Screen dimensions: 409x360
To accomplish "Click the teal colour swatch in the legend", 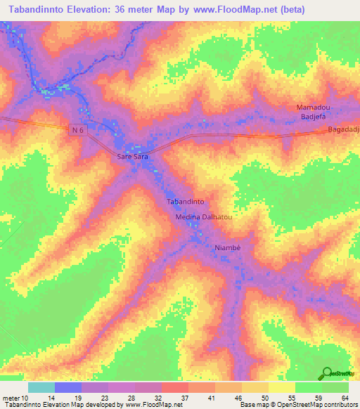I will [41, 387].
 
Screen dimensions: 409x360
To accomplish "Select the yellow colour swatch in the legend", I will [281, 387].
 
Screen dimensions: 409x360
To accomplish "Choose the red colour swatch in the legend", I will [174, 387].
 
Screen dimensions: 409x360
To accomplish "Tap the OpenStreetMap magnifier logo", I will [326, 373].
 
